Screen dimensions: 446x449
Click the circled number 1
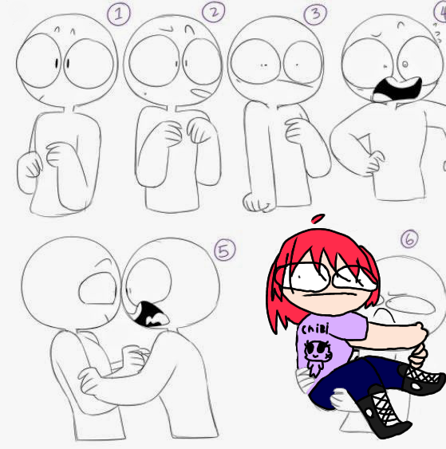pos(119,13)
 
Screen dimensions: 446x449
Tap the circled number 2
pos(213,12)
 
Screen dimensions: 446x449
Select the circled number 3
pos(315,14)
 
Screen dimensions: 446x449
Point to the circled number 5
pos(225,250)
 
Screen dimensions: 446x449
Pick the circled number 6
pos(409,238)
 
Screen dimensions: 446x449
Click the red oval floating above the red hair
pos(318,219)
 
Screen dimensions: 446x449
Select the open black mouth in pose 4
pos(397,89)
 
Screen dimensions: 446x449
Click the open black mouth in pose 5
pos(149,314)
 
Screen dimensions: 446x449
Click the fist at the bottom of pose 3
pos(257,203)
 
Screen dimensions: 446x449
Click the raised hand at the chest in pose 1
pos(57,155)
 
